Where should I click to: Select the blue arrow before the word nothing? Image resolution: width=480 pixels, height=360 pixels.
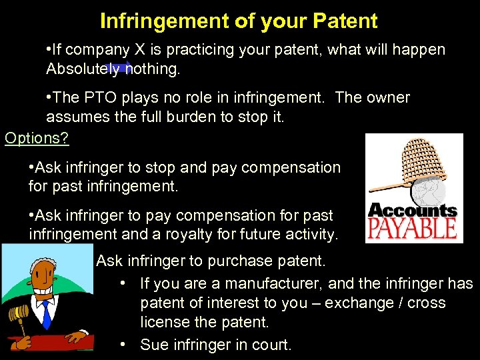120,68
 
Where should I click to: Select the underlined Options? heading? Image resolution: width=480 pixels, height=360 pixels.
37,138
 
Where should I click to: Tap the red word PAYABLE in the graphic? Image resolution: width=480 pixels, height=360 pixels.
413,229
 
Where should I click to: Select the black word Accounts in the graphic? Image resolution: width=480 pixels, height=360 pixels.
413,211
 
